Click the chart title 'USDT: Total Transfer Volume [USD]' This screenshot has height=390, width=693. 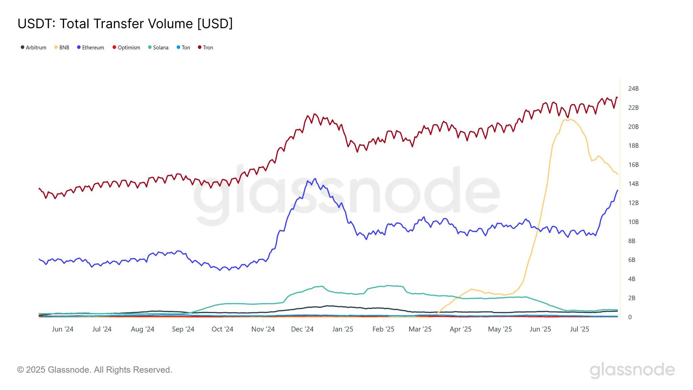[x=125, y=24]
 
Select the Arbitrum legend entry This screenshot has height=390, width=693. [x=33, y=47]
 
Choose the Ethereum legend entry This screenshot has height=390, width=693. [x=90, y=47]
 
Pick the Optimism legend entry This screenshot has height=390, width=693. [x=126, y=47]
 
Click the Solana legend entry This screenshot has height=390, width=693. [x=158, y=47]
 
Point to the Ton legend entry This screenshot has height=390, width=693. [x=183, y=47]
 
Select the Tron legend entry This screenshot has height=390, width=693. [x=205, y=47]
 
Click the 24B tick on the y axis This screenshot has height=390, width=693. [x=633, y=89]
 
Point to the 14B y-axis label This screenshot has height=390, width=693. [x=633, y=184]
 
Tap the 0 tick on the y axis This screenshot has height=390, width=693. [x=630, y=317]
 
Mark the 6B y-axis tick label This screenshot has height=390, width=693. [x=632, y=260]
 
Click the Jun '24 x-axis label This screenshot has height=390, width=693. [x=63, y=329]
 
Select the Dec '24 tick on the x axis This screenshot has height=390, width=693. [x=302, y=329]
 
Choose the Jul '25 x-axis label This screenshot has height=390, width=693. [x=579, y=329]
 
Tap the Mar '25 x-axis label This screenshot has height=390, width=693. [x=420, y=329]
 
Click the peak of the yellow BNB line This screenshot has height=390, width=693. [x=571, y=119]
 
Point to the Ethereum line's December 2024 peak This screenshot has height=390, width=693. [x=315, y=178]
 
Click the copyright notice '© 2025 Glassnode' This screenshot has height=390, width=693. [x=94, y=370]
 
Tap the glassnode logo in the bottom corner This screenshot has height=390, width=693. [x=632, y=370]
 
